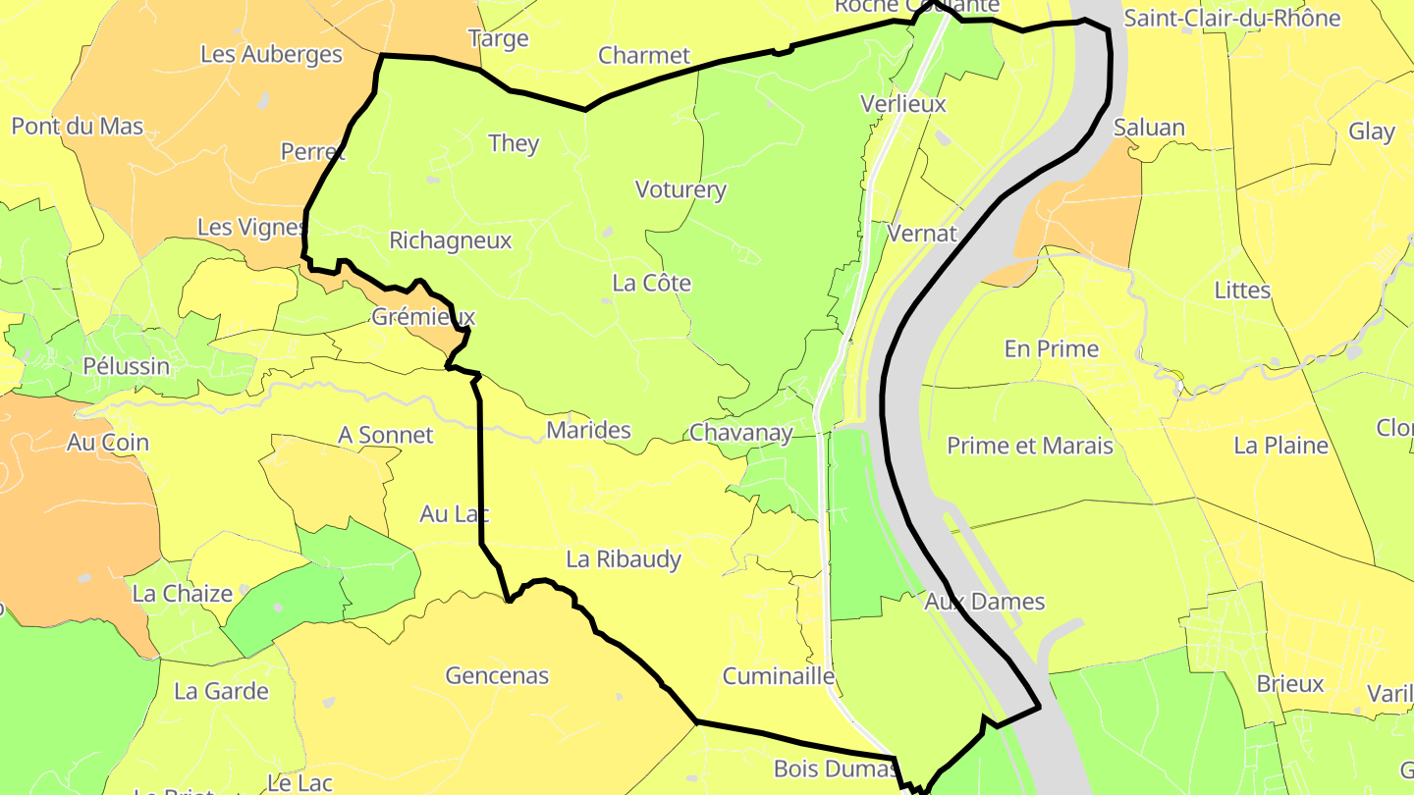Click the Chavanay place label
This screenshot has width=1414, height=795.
pos(740,433)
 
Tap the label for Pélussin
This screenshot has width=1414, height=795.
pos(126,367)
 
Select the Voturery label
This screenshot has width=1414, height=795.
pos(680,190)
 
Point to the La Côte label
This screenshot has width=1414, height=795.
pos(651,284)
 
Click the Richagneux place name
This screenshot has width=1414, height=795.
pos(450,240)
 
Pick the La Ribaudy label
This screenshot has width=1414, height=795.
pos(624,559)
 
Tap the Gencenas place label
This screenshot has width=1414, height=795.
pos(497,675)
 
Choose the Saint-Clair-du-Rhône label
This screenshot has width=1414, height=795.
pos(1231,19)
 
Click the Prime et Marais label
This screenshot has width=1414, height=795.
pos(1029,446)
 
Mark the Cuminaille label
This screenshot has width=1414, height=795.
pos(778,676)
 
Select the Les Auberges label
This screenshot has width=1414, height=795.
pos(271,55)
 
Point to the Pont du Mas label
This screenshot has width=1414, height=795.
pos(78,127)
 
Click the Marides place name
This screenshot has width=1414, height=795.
pos(588,430)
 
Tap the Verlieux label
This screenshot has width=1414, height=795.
pos(902,104)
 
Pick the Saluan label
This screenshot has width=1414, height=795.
pos(1149,129)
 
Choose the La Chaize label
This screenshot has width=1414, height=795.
pos(183,594)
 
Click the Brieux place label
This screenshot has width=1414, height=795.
pos(1290,684)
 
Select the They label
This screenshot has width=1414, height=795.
pos(514,143)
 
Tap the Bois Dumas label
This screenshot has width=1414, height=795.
pos(835,768)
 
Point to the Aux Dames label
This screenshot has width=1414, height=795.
pos(985,602)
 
